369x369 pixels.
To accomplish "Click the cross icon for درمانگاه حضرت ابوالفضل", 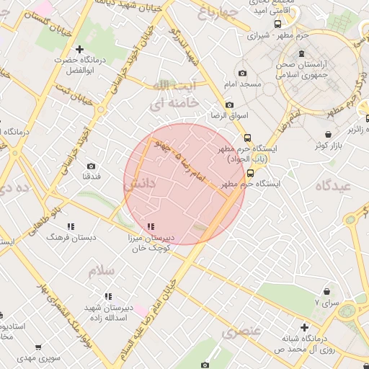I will point(79,48).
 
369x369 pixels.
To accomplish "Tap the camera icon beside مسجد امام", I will point(241,74).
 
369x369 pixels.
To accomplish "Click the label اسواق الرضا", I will point(228,115).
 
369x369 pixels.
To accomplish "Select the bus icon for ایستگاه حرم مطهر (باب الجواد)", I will point(248,137).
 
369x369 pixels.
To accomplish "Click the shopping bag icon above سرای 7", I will point(329,292).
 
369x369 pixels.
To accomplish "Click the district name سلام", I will point(102,271).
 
